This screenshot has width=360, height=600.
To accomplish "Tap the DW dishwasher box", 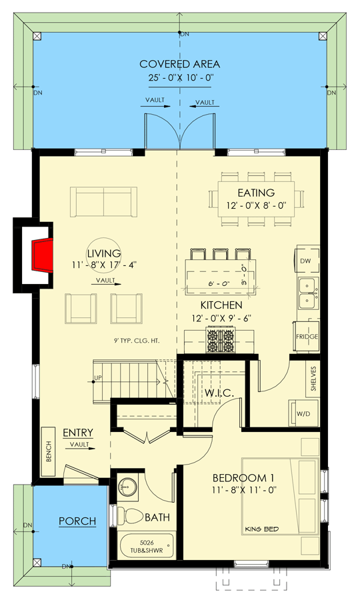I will click(x=305, y=261).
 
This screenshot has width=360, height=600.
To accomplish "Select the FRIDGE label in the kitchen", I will click(x=307, y=337).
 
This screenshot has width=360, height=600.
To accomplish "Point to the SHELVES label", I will click(x=312, y=379).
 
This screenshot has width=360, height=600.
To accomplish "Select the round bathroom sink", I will click(x=127, y=487).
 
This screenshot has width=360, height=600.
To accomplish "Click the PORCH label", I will click(x=77, y=521).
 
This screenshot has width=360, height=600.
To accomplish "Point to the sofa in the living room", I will click(x=101, y=201).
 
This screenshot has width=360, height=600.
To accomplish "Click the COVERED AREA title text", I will click(x=179, y=64).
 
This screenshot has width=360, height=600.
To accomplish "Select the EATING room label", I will click(x=251, y=193).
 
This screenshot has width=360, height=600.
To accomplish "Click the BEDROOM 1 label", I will click(x=243, y=478).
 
